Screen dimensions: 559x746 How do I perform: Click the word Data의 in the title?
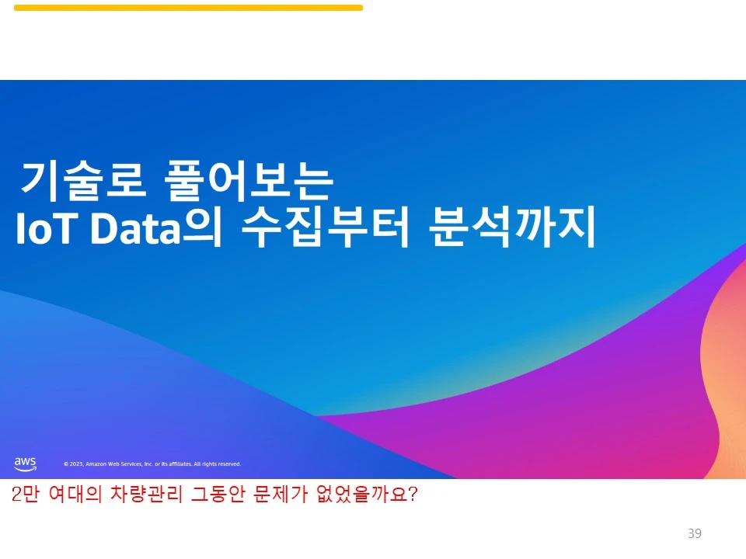click(x=155, y=228)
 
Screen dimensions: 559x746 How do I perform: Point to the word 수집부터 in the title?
click(x=325, y=228)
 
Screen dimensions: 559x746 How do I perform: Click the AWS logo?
click(x=25, y=464)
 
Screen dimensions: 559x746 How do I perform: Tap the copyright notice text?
click(x=152, y=464)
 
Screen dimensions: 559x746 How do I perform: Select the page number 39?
click(x=695, y=533)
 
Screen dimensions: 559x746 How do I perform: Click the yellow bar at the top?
click(x=188, y=8)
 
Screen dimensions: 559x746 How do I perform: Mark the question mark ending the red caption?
click(x=413, y=495)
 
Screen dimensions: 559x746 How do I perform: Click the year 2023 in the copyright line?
click(x=76, y=464)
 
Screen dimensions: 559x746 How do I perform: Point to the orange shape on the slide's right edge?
click(x=730, y=373)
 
